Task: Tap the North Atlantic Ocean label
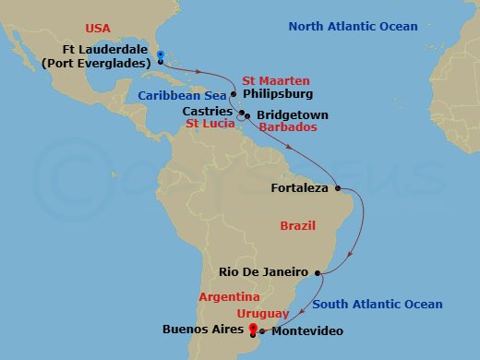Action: click(353, 26)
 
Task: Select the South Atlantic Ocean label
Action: click(377, 304)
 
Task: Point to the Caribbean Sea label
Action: click(180, 94)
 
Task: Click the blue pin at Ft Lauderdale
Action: click(160, 56)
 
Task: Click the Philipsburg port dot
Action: click(234, 94)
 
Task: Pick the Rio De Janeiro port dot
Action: click(318, 272)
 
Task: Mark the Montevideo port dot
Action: click(261, 330)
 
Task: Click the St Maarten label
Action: click(276, 81)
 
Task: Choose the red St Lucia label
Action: click(208, 123)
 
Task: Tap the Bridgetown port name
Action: click(290, 115)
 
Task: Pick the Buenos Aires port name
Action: click(203, 328)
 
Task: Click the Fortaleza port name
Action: click(299, 189)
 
